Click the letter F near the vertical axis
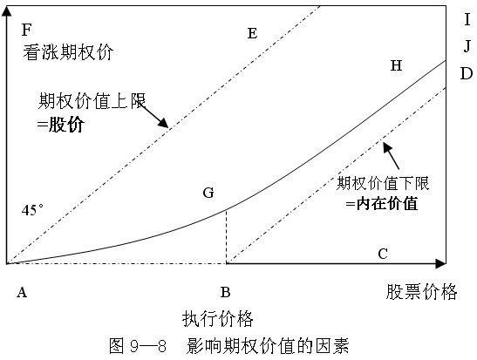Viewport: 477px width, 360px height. click(x=26, y=30)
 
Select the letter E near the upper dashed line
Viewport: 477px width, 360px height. click(x=252, y=33)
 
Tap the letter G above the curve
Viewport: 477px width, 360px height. click(x=208, y=193)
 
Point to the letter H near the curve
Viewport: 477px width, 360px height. click(x=396, y=65)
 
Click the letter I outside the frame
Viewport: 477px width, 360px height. click(x=467, y=20)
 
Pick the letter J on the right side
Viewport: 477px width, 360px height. click(x=467, y=46)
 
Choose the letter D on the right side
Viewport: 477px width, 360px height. click(x=467, y=73)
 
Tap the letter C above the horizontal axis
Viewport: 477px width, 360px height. click(x=383, y=254)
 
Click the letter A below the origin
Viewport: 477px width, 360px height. click(x=22, y=293)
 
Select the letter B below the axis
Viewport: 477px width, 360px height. click(x=225, y=293)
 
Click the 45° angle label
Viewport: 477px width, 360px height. click(x=32, y=210)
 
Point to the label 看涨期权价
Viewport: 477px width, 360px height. click(x=68, y=52)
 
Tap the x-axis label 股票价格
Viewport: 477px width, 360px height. click(x=422, y=292)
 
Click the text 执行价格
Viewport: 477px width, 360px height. click(x=218, y=319)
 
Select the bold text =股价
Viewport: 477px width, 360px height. click(x=60, y=125)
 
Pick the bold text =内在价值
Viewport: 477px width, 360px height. click(x=382, y=203)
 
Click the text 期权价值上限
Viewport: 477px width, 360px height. click(x=92, y=100)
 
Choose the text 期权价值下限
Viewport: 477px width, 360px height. click(x=383, y=183)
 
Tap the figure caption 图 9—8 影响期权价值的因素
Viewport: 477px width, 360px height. click(x=228, y=346)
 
